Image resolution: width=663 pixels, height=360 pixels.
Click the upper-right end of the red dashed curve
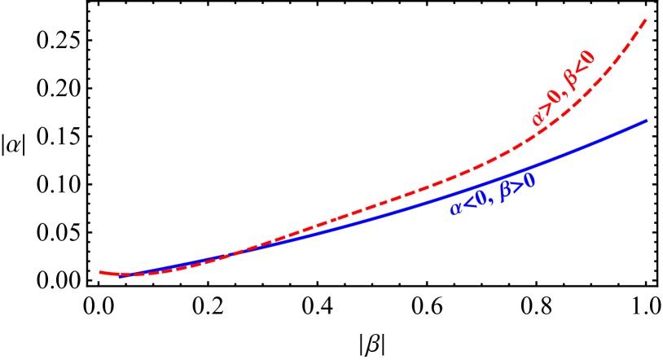point(647,20)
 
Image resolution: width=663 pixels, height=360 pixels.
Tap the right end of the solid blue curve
point(647,121)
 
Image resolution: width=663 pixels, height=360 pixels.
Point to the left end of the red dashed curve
point(100,272)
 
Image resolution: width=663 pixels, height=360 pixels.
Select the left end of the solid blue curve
point(120,275)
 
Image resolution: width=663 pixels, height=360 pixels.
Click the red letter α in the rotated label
point(538,116)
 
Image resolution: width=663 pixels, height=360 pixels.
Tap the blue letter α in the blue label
point(456,209)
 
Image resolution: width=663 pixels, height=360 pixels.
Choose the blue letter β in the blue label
point(505,191)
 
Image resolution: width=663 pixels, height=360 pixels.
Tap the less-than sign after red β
point(580,68)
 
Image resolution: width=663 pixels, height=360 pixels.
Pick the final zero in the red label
point(588,59)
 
